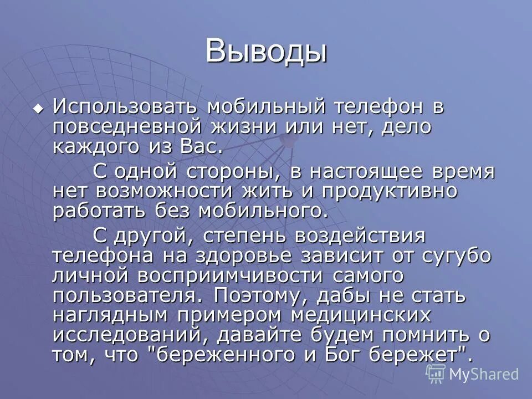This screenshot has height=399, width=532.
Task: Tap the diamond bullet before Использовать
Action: (38, 108)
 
